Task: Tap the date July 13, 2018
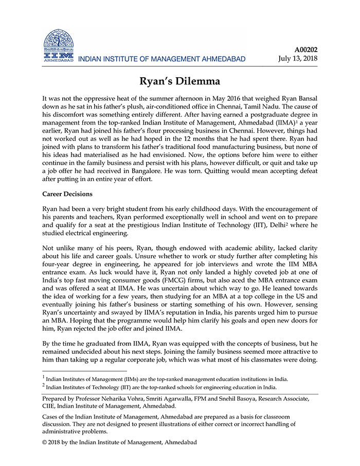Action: pos(298,59)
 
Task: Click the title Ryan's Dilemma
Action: pos(180,81)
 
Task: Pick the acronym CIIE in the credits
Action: pos(50,406)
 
